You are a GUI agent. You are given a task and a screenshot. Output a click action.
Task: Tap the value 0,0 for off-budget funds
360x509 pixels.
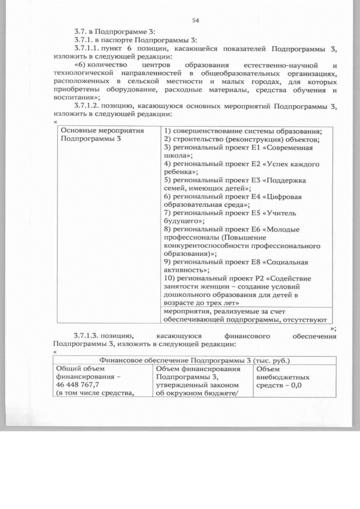pyautogui.click(x=295, y=385)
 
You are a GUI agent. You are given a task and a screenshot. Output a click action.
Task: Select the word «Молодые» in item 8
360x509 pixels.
pyautogui.click(x=283, y=229)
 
